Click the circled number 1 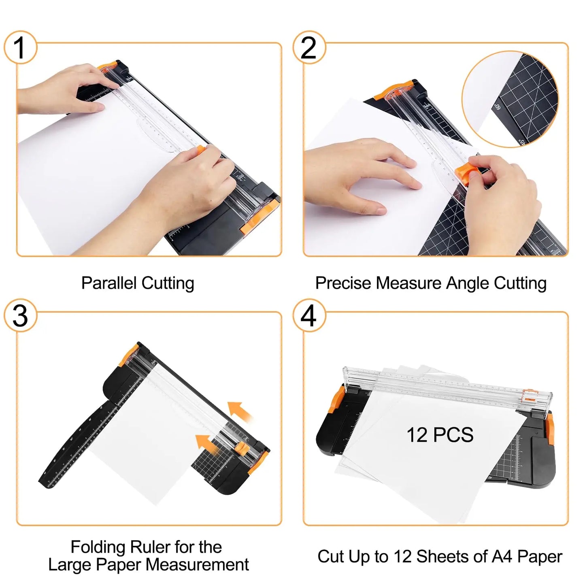[20, 47]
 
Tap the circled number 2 [309, 47]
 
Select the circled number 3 [20, 316]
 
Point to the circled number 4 [309, 316]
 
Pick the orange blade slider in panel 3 [242, 447]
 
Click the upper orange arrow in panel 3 [240, 411]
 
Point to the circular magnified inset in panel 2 [510, 99]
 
